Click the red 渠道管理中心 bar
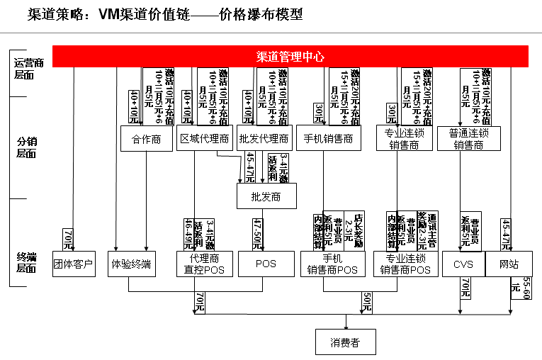[290, 57]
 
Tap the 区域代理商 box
[204, 139]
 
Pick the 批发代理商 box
[264, 139]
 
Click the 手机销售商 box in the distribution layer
[328, 139]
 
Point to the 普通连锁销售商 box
[468, 139]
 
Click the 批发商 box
[266, 196]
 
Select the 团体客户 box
[73, 264]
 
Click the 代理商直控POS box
[205, 264]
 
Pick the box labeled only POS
[266, 264]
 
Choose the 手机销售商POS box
[332, 264]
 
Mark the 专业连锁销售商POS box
[405, 264]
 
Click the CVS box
[463, 264]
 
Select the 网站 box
[509, 264]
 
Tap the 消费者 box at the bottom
[345, 343]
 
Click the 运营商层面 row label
[28, 69]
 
